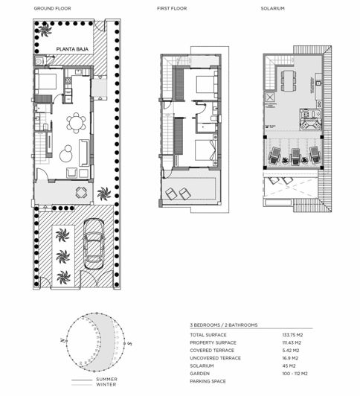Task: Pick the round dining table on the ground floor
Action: [x=75, y=120]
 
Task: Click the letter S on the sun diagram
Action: [x=130, y=345]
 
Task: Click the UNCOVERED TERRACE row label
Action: [x=216, y=358]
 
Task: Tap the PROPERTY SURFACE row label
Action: [x=213, y=343]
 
